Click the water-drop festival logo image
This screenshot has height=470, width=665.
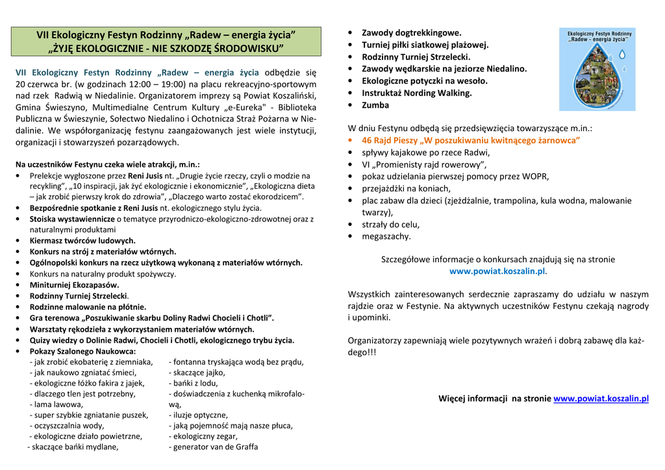tap(597, 69)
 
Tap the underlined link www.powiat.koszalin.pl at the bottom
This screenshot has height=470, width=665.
tap(601, 399)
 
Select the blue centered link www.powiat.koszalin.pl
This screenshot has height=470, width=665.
tap(497, 271)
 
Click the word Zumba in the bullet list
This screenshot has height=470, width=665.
tap(375, 105)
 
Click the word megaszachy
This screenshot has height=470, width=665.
tap(386, 236)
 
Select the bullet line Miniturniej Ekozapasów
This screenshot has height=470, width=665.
tap(74, 284)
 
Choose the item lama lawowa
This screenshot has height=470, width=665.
tap(56, 404)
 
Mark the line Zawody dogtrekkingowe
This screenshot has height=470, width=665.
tap(411, 32)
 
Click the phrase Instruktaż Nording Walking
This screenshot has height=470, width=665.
tap(416, 93)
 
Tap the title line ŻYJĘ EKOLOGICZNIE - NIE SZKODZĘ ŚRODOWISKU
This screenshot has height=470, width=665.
tap(167, 48)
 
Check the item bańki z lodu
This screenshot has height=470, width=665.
tap(195, 383)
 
